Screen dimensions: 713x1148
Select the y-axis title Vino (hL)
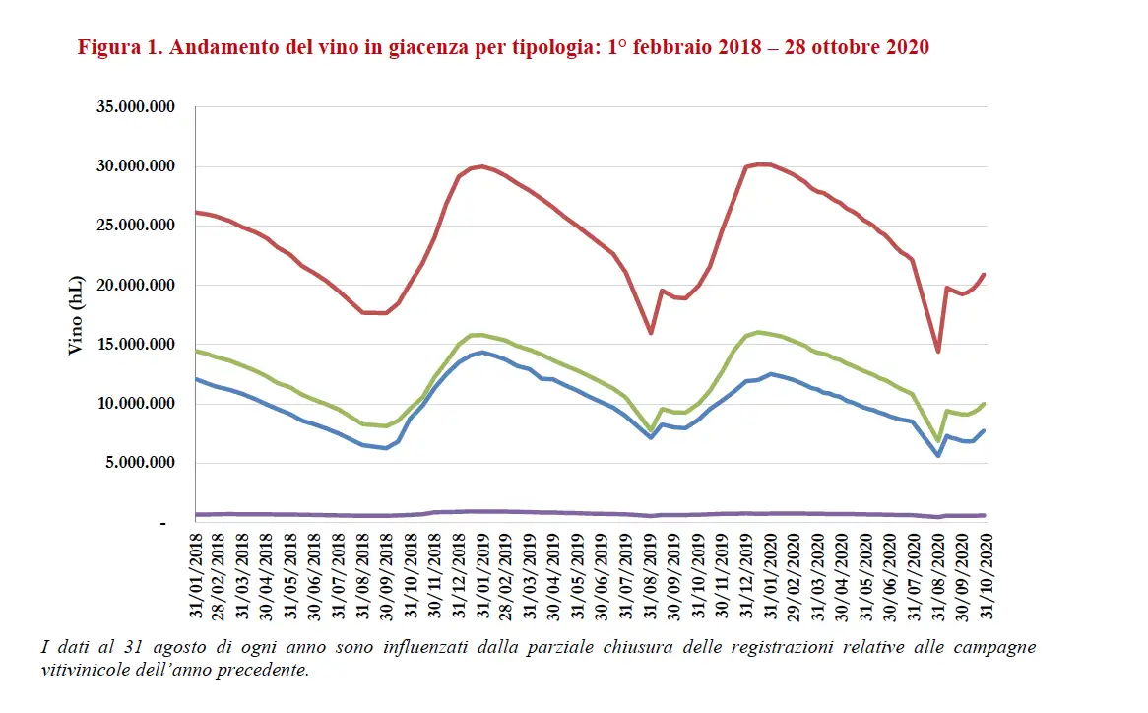point(77,315)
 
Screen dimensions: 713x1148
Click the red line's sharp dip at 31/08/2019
point(651,333)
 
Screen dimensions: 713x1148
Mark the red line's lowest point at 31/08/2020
point(938,352)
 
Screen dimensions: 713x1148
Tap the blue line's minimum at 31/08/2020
point(938,456)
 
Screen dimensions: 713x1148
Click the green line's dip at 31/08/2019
point(651,430)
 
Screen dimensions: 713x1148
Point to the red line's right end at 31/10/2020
point(985,274)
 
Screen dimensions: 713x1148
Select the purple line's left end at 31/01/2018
point(198,514)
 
